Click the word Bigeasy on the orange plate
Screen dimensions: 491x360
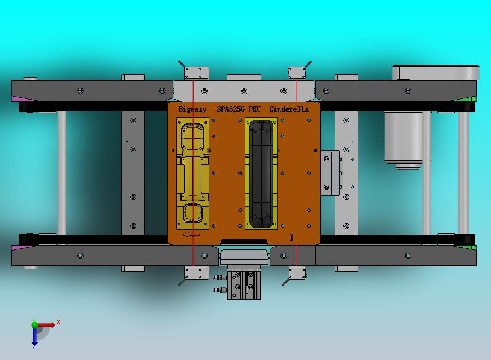(192, 109)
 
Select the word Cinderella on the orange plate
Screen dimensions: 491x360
(289, 109)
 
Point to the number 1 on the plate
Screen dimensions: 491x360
(292, 237)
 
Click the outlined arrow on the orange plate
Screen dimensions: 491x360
(191, 235)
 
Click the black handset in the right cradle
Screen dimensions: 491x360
(261, 173)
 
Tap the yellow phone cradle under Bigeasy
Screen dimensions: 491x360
(192, 173)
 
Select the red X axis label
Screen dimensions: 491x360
(59, 322)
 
